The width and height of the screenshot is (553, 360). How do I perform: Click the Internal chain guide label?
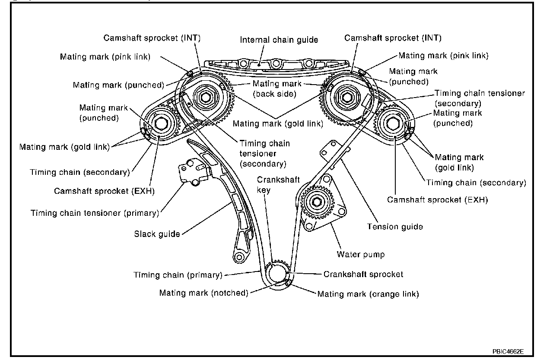279,40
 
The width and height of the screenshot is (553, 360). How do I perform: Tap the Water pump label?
360,254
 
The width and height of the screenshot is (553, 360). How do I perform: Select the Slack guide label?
157,234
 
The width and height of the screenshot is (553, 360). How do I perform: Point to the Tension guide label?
394,226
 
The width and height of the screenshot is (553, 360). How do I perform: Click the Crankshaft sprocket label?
363,274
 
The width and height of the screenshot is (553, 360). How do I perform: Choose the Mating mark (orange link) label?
368,294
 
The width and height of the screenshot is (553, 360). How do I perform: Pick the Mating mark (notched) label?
204,293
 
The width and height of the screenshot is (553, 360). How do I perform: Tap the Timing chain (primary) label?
178,275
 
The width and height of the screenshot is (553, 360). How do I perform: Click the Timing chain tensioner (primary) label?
95,212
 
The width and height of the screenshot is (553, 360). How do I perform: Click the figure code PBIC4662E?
510,351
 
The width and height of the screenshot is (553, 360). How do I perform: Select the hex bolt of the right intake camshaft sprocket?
346,96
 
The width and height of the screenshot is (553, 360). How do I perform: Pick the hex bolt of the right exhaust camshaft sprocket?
392,123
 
